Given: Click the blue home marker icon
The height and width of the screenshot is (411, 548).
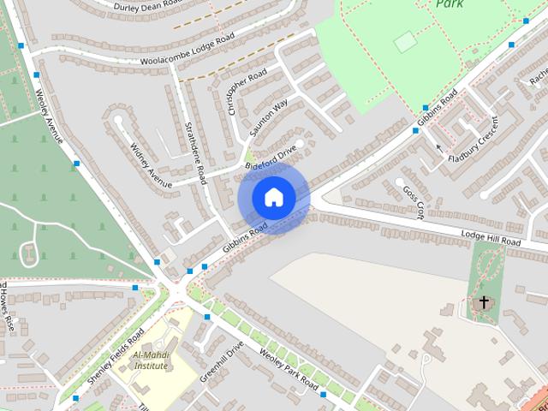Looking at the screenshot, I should tap(274, 197).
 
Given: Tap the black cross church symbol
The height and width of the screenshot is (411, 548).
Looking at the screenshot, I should tap(484, 302).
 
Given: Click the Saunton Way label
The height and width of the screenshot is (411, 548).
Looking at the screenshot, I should tap(270, 119).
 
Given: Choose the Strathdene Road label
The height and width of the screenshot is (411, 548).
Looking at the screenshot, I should tap(195, 146).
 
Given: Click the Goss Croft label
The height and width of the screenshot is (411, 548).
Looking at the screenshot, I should tap(413, 203).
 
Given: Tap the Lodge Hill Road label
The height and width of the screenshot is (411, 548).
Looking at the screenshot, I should tap(491, 237).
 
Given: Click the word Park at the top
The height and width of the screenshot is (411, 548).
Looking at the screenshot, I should tap(450, 4).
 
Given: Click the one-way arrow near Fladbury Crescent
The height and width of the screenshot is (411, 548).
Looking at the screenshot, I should tap(440, 148).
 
